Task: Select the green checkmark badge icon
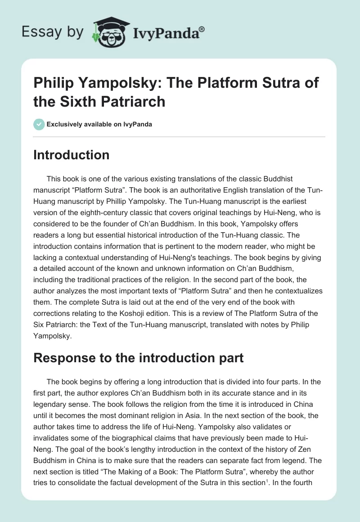[x=39, y=124]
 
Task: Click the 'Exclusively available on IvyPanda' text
[x=99, y=124]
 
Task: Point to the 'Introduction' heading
[x=72, y=155]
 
